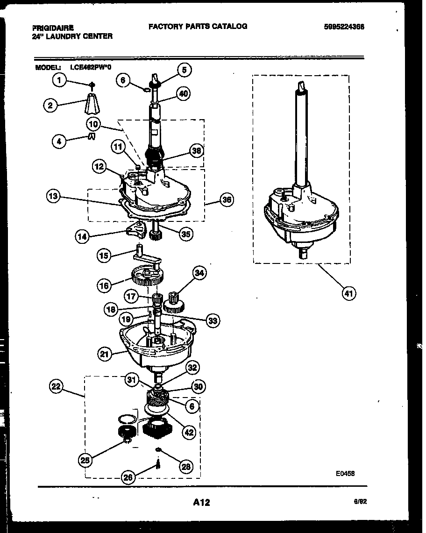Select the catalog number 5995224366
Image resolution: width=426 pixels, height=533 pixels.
click(x=344, y=27)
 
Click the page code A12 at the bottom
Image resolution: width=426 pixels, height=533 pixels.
click(x=201, y=503)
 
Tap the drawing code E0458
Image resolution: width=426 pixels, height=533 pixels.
click(x=345, y=473)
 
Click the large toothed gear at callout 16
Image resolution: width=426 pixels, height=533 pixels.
click(x=147, y=277)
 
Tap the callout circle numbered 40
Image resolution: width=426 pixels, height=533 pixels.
click(x=184, y=94)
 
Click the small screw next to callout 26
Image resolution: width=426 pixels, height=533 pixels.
click(x=158, y=464)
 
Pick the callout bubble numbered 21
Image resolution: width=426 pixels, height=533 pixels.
click(x=105, y=355)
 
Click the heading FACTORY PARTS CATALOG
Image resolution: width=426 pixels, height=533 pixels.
click(x=198, y=27)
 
